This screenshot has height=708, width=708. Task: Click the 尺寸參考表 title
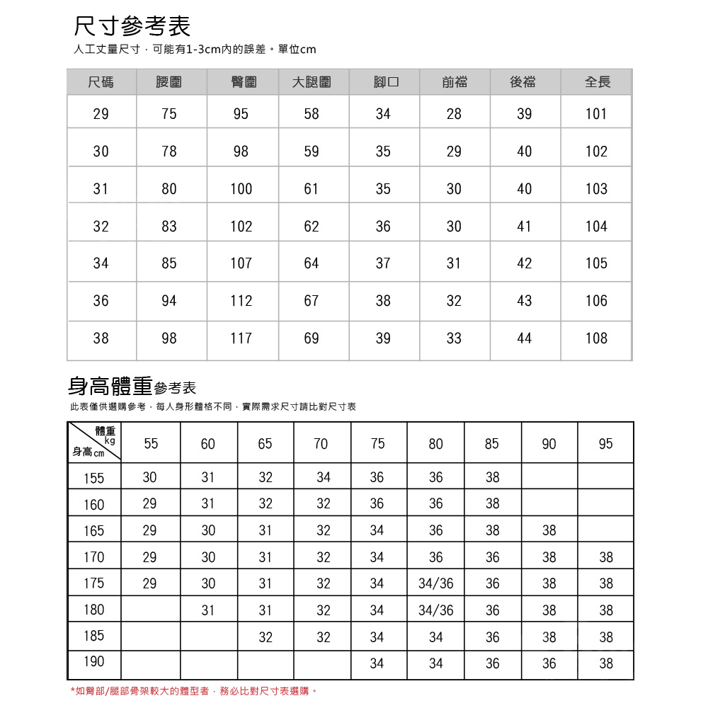pos(132,27)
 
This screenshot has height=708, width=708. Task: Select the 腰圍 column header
pos(169,82)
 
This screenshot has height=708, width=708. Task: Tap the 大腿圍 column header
pos(312,82)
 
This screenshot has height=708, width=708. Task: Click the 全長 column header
pos(597,82)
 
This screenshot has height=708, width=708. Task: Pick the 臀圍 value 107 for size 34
pos(241,263)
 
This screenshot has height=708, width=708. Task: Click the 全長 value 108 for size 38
pos(596,338)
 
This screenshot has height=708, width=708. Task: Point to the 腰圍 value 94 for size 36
pos(169,301)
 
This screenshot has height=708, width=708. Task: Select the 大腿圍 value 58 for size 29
pos(312,114)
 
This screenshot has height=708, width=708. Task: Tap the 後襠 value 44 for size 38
pos(524,338)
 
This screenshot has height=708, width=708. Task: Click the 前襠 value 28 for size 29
pos(454,114)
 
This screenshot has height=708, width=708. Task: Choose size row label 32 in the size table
pos(101,227)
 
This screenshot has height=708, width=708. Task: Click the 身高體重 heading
pos(110,386)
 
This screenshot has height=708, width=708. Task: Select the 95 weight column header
pos(605,444)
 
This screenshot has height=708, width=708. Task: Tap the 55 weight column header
pos(151,444)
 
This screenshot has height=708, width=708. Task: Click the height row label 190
pos(93,661)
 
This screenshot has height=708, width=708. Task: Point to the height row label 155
pos(93,479)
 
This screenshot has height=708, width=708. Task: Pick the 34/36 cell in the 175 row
pos(436,583)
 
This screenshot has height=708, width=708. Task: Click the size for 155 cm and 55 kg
pos(149,478)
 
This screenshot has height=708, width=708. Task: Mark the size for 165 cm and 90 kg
pos(549,530)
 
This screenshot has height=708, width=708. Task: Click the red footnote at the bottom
pos(193,690)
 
